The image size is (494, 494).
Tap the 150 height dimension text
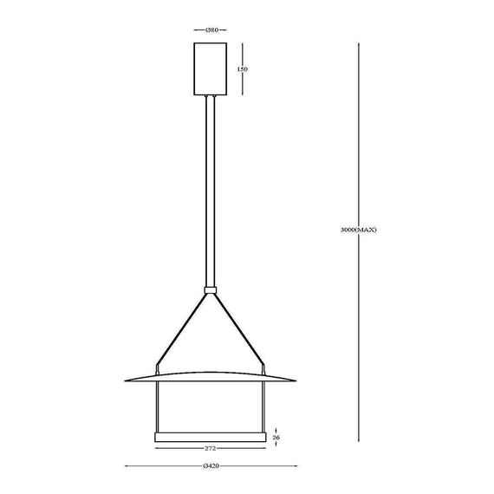tap(243, 69)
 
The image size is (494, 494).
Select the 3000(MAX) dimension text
tap(359, 230)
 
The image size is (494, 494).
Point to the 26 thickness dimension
tap(276, 438)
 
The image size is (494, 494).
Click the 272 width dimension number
tap(210, 449)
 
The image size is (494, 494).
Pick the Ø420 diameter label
tap(211, 466)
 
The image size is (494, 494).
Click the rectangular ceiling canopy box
tap(210, 68)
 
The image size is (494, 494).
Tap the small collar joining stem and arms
tap(210, 289)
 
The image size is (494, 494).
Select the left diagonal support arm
tap(181, 329)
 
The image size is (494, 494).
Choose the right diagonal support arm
tap(239, 329)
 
